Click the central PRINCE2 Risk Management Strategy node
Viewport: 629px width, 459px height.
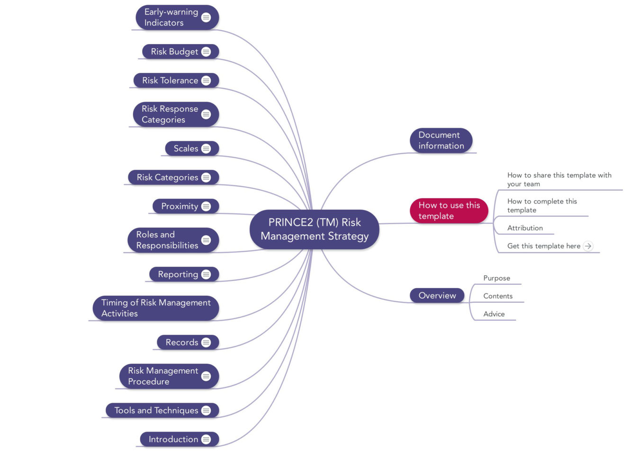[314, 229]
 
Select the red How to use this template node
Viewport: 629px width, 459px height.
[449, 211]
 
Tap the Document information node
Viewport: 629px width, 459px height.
[440, 141]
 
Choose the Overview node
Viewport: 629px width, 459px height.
[437, 296]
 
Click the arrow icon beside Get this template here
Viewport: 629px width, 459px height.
[588, 246]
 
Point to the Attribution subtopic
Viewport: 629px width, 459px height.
[525, 228]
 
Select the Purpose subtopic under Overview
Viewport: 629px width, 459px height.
[496, 278]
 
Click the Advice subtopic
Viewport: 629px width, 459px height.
[494, 314]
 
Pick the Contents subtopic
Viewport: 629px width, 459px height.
[497, 296]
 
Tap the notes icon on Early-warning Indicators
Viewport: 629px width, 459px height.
[206, 18]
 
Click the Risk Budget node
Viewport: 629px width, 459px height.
[174, 52]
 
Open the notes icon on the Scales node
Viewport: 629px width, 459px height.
[206, 149]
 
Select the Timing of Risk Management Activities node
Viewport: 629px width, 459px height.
[155, 308]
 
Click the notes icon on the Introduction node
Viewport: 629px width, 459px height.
[206, 440]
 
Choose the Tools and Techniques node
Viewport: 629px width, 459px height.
[156, 411]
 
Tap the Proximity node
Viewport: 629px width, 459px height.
[180, 206]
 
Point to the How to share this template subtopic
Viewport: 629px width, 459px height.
[559, 179]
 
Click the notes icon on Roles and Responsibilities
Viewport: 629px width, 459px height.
[206, 240]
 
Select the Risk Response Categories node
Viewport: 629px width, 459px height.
[170, 115]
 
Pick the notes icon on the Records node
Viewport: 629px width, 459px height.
[206, 343]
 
